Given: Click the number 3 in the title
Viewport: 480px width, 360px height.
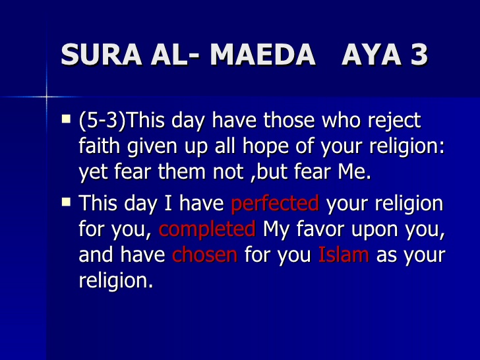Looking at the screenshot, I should (419, 55).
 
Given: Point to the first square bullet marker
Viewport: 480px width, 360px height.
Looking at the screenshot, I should (66, 119).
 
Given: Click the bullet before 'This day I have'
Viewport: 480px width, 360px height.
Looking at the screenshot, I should (66, 201).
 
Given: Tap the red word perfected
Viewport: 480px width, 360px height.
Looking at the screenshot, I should (275, 204).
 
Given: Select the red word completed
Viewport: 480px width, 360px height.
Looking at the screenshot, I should (207, 229).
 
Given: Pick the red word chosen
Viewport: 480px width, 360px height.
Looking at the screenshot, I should (204, 254).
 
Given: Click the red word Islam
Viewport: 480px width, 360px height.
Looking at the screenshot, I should (343, 254).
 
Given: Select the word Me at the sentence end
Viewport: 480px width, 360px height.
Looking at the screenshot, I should (357, 171).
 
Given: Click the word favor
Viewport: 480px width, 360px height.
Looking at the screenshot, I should (317, 229).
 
